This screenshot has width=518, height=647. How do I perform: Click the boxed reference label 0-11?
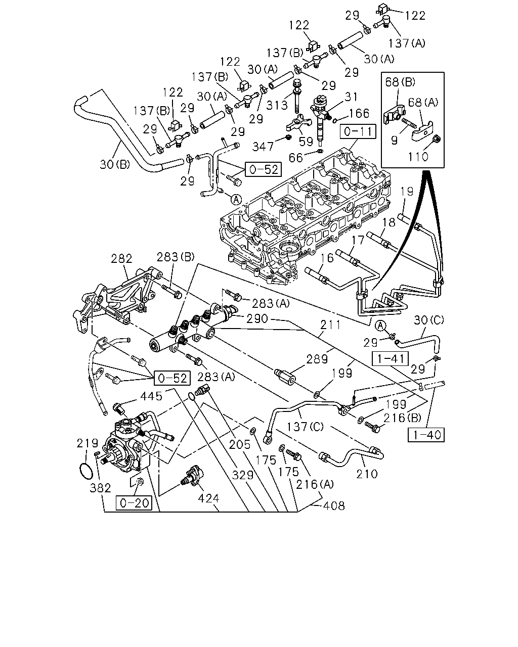[358, 131]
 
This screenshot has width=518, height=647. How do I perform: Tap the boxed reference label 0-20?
[134, 502]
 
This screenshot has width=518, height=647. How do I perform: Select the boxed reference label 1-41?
[390, 359]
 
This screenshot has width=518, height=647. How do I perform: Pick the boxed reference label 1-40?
[426, 435]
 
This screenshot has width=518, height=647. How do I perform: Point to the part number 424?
[208, 498]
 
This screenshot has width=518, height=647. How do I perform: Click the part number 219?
[88, 443]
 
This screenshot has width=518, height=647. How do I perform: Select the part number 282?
[121, 259]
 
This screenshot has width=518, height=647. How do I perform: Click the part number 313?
[277, 105]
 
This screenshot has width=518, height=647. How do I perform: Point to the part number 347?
[263, 147]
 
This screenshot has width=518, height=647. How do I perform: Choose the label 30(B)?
[115, 164]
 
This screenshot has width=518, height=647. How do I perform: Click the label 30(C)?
[429, 320]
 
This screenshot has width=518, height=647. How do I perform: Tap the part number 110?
[418, 157]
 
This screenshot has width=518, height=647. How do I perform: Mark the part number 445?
[151, 396]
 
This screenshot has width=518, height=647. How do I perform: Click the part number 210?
[367, 474]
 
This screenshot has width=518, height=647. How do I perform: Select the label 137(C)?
[305, 427]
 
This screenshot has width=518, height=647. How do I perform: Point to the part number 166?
[359, 113]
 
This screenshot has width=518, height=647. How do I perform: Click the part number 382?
[100, 488]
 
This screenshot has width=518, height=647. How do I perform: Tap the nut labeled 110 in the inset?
[437, 139]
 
